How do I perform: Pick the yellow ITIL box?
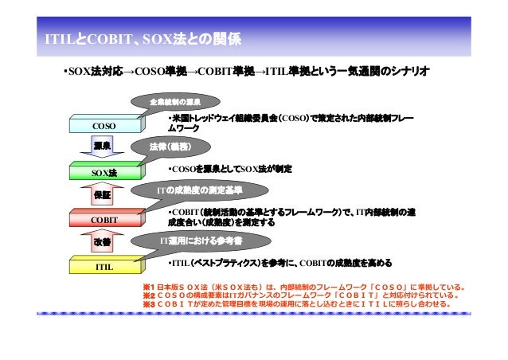[103, 266]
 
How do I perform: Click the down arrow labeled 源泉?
[103, 148]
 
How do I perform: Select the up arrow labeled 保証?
[103, 196]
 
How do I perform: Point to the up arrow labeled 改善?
[103, 242]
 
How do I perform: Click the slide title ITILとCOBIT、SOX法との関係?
[143, 38]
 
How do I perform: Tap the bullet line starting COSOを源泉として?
[230, 169]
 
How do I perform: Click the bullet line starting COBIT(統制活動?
[290, 217]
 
